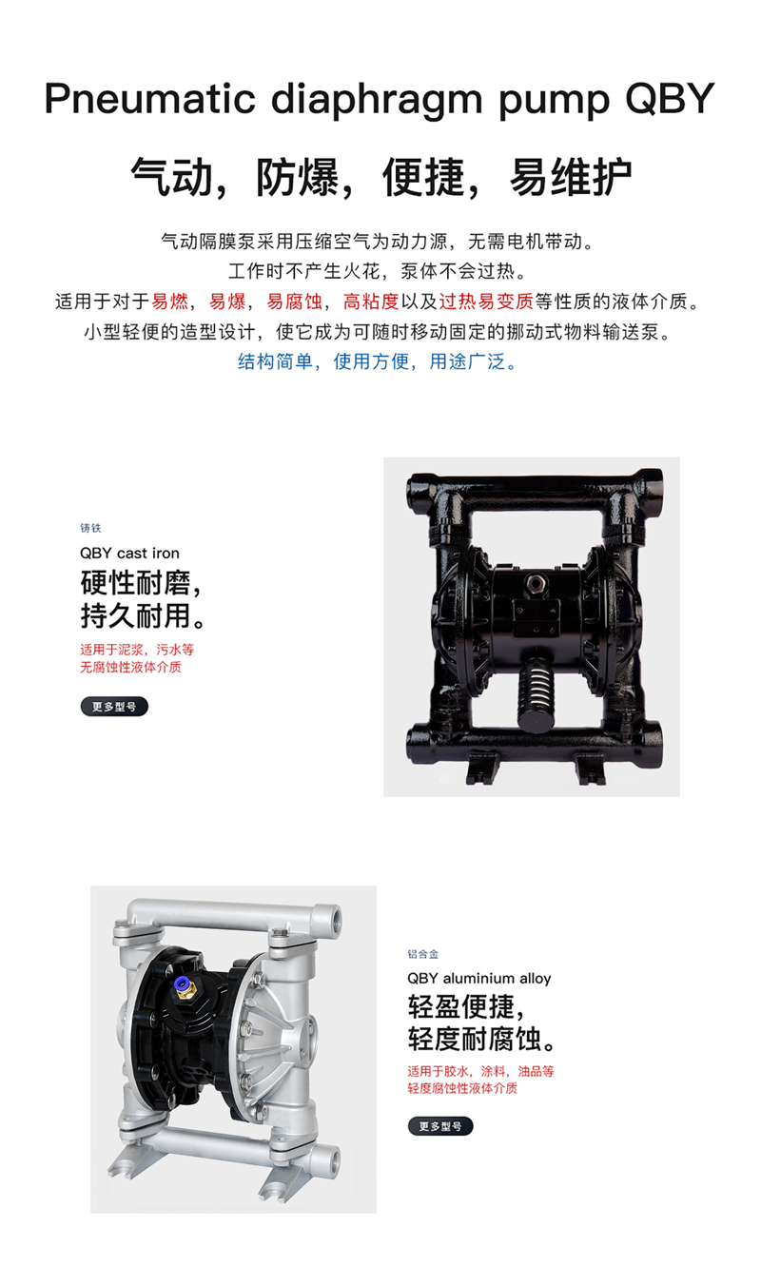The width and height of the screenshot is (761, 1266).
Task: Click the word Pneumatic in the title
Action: (x=150, y=99)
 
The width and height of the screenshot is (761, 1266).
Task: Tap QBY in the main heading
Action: (x=670, y=99)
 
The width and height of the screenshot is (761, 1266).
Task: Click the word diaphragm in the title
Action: (x=377, y=99)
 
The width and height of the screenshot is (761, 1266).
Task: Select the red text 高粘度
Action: (x=371, y=302)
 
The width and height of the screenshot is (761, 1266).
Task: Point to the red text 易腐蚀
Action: (x=294, y=302)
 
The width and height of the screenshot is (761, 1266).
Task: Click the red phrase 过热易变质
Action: (x=486, y=302)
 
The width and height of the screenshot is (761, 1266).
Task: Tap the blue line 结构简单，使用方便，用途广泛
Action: (x=377, y=361)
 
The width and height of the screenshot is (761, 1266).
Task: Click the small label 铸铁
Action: (x=90, y=528)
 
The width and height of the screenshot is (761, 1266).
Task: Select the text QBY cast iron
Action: (x=129, y=553)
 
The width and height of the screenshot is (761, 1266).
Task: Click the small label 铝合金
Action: (x=423, y=954)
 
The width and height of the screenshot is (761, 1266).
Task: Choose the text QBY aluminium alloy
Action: (x=478, y=979)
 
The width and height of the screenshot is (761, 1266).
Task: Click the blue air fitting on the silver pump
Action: (x=182, y=983)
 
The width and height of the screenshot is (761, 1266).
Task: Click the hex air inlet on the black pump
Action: (x=535, y=583)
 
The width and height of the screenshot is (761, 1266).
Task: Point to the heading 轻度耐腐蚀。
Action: (x=483, y=1040)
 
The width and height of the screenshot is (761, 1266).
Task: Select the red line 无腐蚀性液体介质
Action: (x=130, y=668)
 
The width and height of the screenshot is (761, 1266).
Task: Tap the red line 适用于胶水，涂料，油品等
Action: (x=480, y=1072)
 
